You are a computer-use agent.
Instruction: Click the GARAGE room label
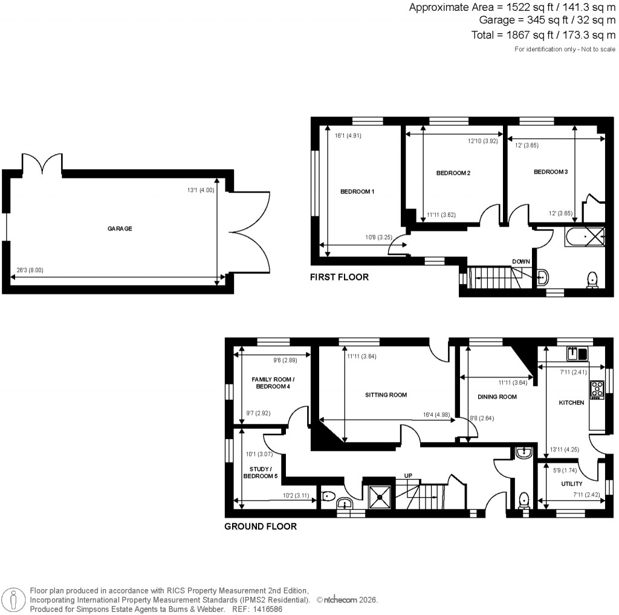pyautogui.click(x=120, y=229)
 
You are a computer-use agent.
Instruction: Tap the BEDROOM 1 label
pyautogui.click(x=357, y=192)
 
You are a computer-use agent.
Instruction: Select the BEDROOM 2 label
pyautogui.click(x=453, y=173)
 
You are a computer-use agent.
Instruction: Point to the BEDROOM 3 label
pyautogui.click(x=550, y=172)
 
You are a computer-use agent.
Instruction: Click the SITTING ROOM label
pyautogui.click(x=386, y=395)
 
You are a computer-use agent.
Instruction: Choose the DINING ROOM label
pyautogui.click(x=497, y=397)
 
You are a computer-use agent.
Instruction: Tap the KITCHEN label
pyautogui.click(x=571, y=402)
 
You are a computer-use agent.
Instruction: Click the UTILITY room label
pyautogui.click(x=571, y=484)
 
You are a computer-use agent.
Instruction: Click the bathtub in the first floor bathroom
pyautogui.click(x=584, y=236)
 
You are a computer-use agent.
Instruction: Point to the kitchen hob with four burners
pyautogui.click(x=597, y=389)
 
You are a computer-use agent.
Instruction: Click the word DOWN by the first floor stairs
pyautogui.click(x=521, y=262)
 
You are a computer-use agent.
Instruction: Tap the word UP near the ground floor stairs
pyautogui.click(x=408, y=476)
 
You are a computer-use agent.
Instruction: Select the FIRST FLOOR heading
pyautogui.click(x=339, y=277)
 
